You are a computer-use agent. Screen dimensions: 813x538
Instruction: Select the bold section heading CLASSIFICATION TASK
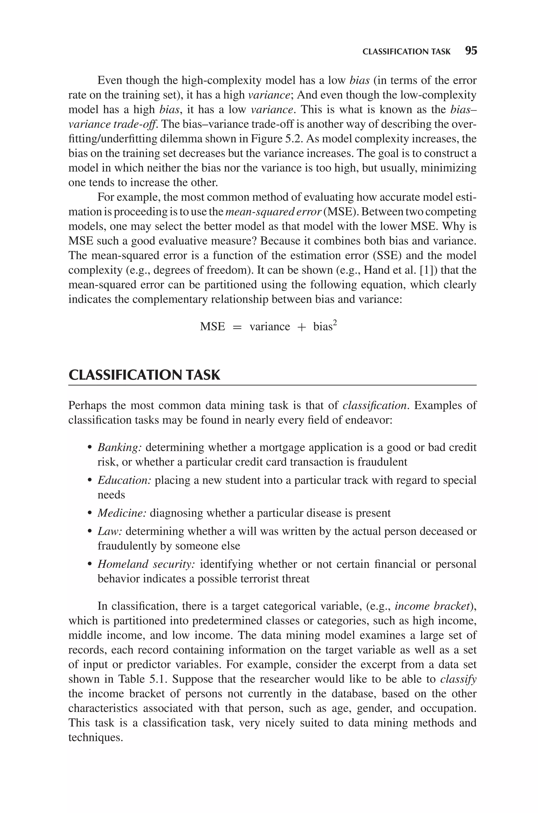point(144,375)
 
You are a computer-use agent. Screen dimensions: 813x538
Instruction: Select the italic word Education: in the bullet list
point(124,480)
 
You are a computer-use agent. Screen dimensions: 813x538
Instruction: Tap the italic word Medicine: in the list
point(122,513)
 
